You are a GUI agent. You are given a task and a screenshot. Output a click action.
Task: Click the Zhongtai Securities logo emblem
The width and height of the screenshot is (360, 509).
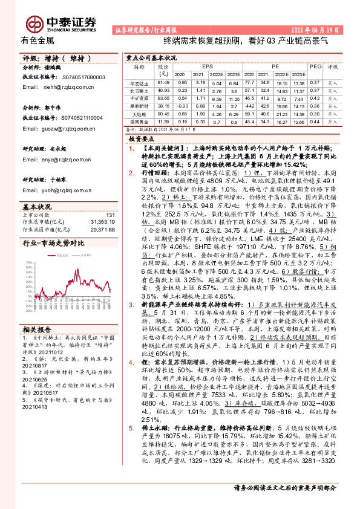point(36,22)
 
